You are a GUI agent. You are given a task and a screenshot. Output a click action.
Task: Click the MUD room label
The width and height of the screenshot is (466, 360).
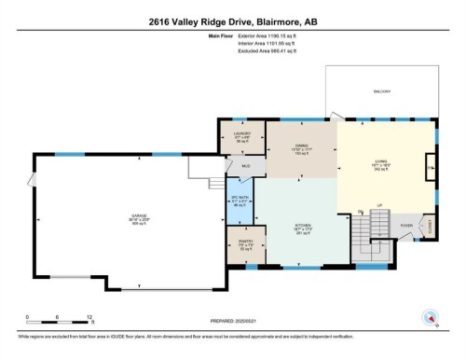tap(246, 167)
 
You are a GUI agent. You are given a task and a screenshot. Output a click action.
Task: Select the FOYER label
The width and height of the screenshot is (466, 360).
tap(407, 225)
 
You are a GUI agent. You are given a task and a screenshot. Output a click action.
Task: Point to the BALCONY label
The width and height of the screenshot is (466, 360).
tap(383, 91)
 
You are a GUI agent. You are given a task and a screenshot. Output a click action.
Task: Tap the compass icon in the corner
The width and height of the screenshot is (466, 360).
tap(431, 318)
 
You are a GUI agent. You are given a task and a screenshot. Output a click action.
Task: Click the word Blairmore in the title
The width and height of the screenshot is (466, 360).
tap(288, 20)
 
